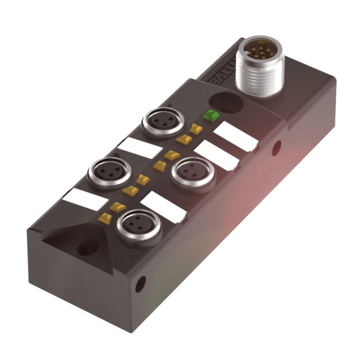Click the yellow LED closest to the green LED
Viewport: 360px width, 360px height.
[195, 129]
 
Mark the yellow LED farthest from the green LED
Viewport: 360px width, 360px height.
[105, 219]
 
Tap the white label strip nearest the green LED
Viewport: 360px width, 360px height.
[235, 136]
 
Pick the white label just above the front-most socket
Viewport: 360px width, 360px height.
[163, 207]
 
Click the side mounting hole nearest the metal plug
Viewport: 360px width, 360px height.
[276, 147]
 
